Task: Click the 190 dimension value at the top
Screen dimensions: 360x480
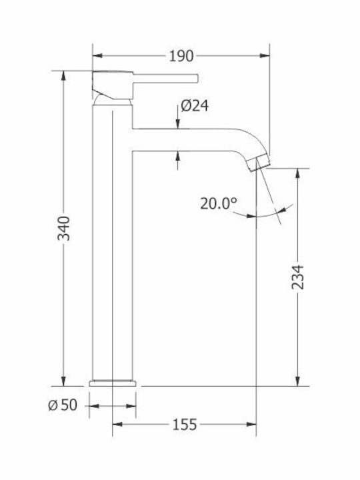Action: tap(181, 56)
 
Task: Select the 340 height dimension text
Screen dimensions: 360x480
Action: tap(64, 229)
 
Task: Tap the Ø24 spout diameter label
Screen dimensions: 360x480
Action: tap(195, 106)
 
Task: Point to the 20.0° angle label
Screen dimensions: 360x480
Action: tap(219, 203)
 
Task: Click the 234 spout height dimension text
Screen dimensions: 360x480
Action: tap(297, 277)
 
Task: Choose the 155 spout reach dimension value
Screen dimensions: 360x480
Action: tap(185, 425)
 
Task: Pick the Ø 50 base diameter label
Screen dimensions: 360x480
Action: tap(63, 405)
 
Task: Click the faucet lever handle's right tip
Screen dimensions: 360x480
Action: tap(198, 79)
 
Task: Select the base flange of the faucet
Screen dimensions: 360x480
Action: tap(113, 383)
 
